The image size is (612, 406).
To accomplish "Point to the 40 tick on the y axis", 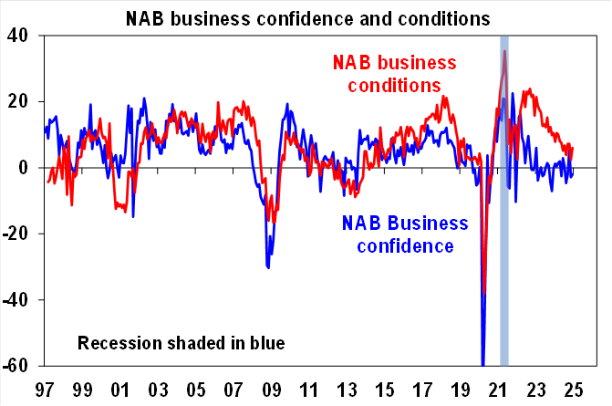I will [x=20, y=35].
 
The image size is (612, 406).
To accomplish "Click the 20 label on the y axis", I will [x=20, y=101].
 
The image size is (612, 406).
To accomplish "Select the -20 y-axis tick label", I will [x=17, y=234].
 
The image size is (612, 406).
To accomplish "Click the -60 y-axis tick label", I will [x=17, y=366].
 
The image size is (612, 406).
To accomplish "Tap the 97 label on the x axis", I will [x=42, y=388].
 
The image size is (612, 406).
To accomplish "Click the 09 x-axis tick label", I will [x=272, y=388].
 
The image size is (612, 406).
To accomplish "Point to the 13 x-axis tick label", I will [x=347, y=388].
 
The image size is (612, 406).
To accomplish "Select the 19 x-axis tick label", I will [x=462, y=388].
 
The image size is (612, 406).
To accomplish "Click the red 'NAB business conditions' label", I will [x=393, y=74].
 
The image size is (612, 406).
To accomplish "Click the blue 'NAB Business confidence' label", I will [x=405, y=234].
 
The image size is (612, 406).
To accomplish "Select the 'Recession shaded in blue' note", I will [x=181, y=344].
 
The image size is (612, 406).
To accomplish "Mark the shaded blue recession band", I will [x=503, y=228].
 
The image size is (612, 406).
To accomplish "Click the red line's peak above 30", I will [x=504, y=51].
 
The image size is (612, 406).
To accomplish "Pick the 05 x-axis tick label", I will [x=195, y=388].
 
